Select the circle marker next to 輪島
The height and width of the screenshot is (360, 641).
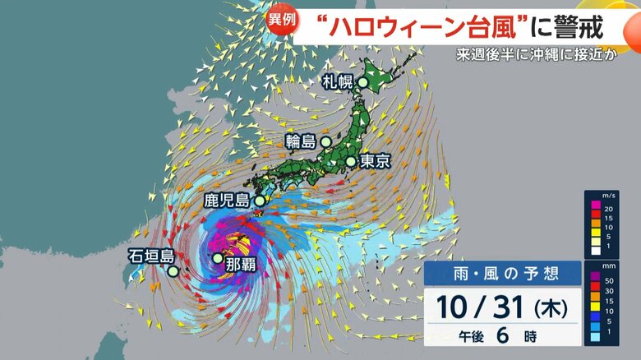pos(326,141)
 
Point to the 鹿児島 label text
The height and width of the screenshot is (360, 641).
pos(227,200)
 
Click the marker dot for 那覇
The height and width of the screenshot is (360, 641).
pos(217,258)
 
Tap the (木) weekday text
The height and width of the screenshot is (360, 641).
pos(551,309)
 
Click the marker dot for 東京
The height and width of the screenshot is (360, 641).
pos(352,161)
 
